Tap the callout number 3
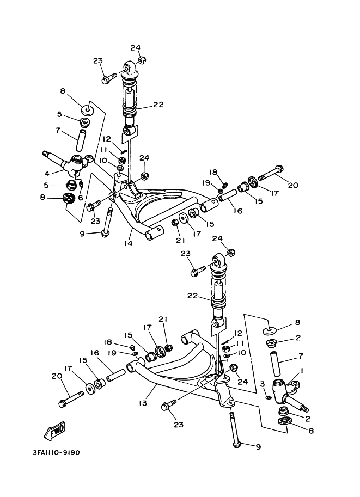[262, 384]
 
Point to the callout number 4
[47, 174]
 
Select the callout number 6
[80, 198]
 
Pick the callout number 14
[127, 243]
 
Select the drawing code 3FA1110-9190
[48, 452]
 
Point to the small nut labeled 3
[269, 397]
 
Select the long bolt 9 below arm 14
[108, 223]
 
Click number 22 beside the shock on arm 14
[143, 106]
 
